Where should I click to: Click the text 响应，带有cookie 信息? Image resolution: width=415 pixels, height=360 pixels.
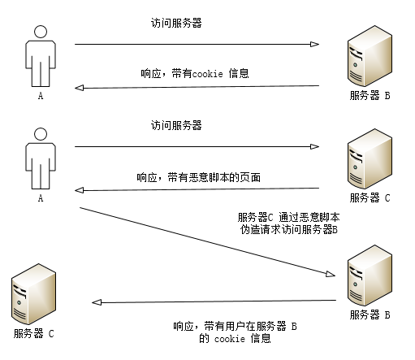click(x=194, y=73)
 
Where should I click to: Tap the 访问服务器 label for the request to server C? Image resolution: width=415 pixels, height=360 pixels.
click(x=175, y=125)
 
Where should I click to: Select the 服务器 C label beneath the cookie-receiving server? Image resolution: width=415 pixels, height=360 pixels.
click(x=34, y=333)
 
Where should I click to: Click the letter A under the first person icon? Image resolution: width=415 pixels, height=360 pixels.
click(x=40, y=95)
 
